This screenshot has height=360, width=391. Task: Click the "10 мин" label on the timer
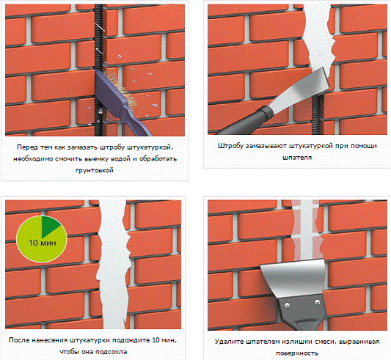click(43, 243)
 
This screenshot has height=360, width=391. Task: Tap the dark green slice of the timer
click(49, 226)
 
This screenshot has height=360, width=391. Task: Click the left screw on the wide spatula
click(287, 305)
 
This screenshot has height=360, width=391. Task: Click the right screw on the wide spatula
click(317, 302)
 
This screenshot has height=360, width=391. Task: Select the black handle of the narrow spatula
click(246, 120)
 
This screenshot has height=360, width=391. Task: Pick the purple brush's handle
click(134, 122)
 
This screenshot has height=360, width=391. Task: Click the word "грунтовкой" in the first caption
click(95, 171)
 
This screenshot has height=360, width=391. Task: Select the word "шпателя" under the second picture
click(297, 158)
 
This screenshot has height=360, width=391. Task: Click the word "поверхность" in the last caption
click(297, 353)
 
